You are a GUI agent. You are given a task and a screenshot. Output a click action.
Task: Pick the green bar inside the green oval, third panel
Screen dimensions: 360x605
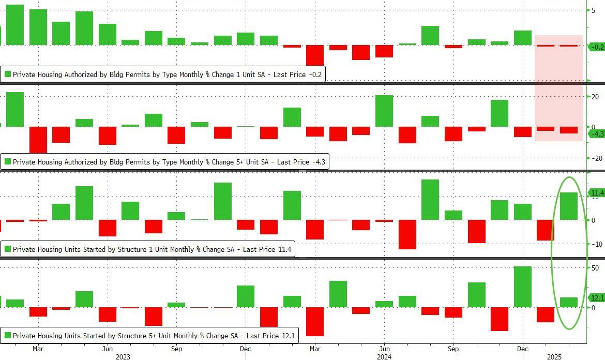pos(569,206)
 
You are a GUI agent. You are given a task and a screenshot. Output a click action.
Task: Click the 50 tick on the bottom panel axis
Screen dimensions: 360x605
pos(595,268)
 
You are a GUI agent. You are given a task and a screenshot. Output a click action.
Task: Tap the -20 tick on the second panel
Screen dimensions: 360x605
pos(595,158)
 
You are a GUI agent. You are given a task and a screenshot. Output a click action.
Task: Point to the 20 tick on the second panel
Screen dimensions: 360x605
pos(595,97)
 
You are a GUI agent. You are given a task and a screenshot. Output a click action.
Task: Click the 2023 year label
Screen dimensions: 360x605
pos(123,356)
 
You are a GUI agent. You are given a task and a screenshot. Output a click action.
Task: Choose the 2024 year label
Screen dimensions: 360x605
pos(384,356)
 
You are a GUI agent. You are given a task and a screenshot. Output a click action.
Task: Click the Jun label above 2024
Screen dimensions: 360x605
pos(384,349)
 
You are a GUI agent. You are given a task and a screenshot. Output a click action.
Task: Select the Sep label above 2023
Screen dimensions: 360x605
pos(176,349)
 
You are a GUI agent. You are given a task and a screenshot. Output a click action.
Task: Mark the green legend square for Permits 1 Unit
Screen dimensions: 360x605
pos(8,74)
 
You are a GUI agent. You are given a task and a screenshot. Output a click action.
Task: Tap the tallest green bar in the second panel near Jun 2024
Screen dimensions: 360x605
pos(384,111)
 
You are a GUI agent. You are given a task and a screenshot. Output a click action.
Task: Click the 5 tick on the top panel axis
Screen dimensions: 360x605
pos(593,10)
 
